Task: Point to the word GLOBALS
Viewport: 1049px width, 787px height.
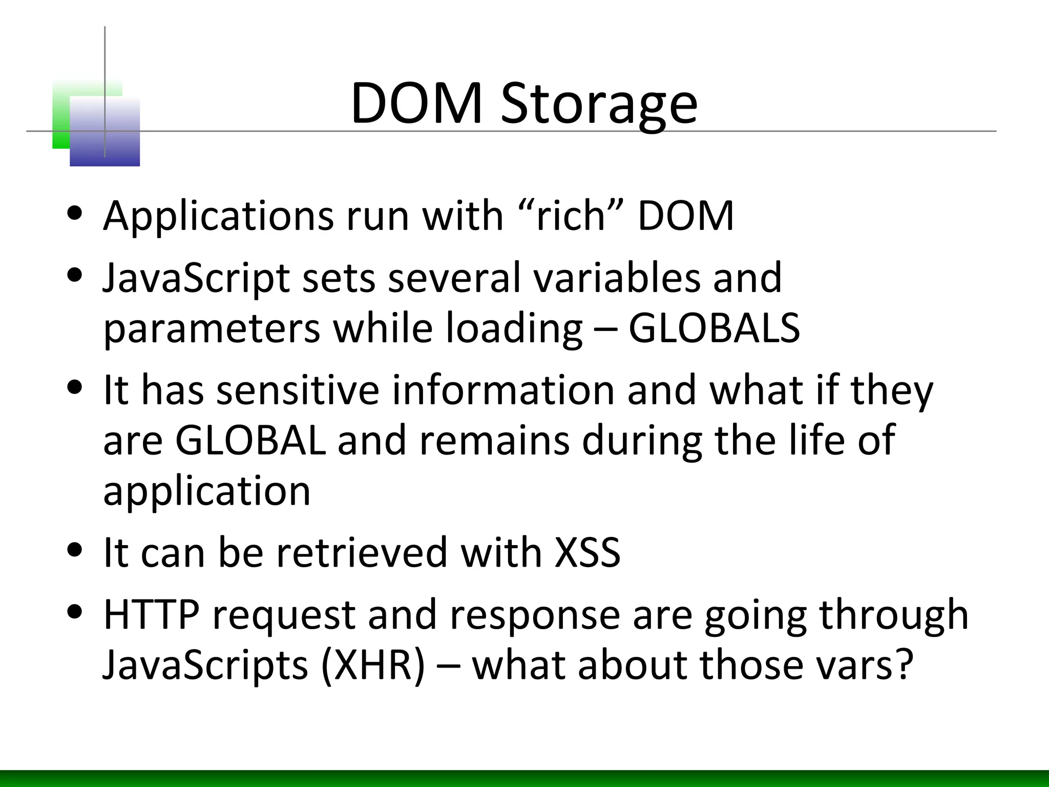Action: point(714,328)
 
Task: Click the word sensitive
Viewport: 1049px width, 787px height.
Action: point(298,390)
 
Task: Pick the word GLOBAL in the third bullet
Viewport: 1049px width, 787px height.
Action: point(250,441)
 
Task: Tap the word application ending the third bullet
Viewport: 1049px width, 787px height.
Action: point(207,491)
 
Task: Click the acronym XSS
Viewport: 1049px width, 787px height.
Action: point(588,552)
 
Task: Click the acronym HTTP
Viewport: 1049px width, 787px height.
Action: point(151,614)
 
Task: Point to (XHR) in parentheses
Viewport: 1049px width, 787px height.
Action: point(373,665)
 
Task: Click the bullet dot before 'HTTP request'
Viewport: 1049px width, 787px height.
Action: point(75,612)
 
